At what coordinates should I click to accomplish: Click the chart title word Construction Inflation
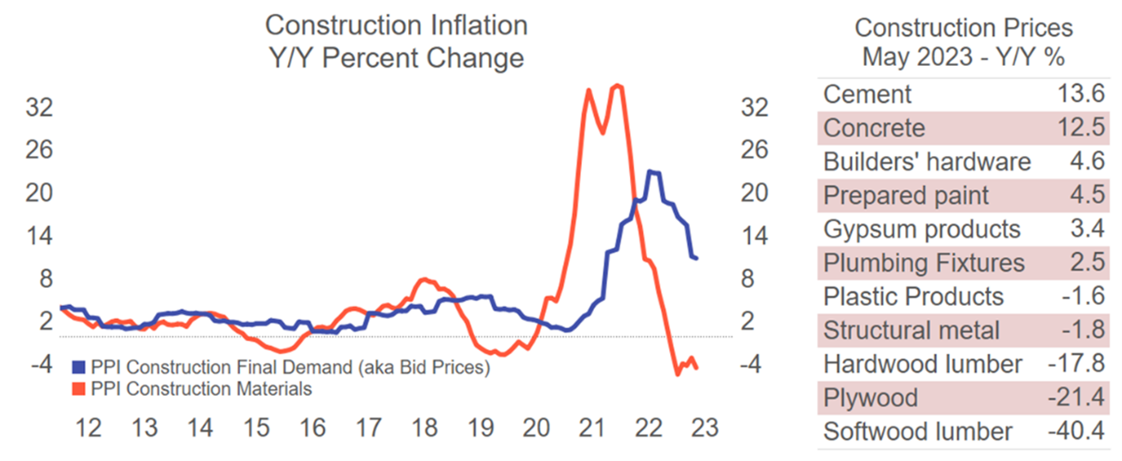click(396, 25)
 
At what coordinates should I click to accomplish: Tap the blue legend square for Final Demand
click(79, 368)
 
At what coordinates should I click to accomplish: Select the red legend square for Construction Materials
click(79, 389)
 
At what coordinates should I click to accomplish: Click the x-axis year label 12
click(89, 427)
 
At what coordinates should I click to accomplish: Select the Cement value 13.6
click(1081, 93)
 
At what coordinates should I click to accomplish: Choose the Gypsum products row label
click(922, 230)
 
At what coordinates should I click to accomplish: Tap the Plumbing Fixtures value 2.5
click(1087, 263)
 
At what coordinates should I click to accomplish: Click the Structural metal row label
click(912, 331)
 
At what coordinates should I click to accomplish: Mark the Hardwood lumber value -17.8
click(1075, 364)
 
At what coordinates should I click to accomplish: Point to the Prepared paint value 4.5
click(1087, 195)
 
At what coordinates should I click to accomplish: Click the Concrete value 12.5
click(1081, 128)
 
